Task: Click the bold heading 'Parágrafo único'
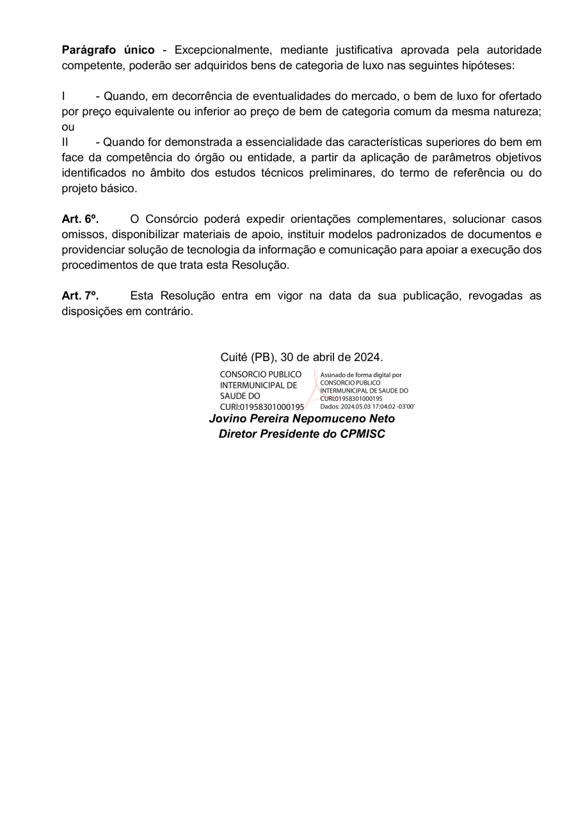pos(108,50)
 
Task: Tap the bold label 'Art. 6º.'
pos(80,219)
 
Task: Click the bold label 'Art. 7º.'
pos(80,296)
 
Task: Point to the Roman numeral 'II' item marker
pos(65,142)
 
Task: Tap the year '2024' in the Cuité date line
pos(367,357)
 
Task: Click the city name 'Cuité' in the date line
pos(234,357)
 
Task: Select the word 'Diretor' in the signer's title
pos(239,434)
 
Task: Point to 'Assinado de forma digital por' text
pos(361,375)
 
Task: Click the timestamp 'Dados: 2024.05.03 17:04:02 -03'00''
pos(367,406)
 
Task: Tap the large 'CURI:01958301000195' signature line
pos(262,406)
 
